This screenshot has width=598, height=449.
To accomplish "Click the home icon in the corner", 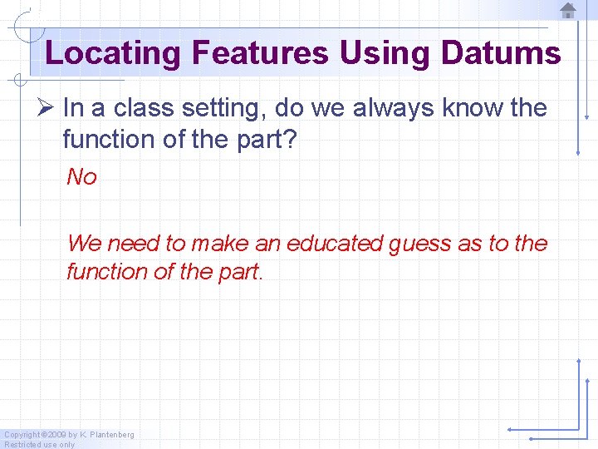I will click(568, 11).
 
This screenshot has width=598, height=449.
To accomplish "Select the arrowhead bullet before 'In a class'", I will click(47, 108).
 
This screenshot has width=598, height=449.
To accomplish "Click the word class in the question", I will click(142, 108).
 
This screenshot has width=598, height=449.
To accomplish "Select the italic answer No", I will click(81, 176).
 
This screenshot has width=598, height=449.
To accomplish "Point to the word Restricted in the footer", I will click(22, 444).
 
